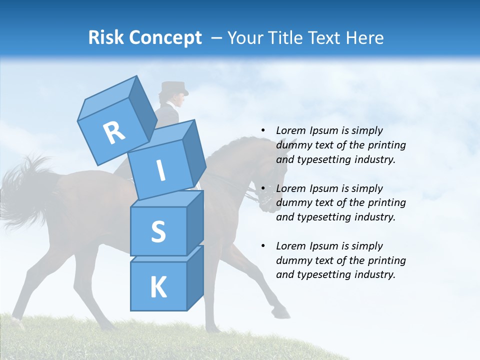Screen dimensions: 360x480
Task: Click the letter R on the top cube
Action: pos(114,133)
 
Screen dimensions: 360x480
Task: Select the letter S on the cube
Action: pos(158,232)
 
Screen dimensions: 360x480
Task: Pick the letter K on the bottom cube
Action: pos(158,287)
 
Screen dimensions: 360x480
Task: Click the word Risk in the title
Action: pos(106,38)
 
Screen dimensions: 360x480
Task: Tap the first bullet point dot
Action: pos(263,131)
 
